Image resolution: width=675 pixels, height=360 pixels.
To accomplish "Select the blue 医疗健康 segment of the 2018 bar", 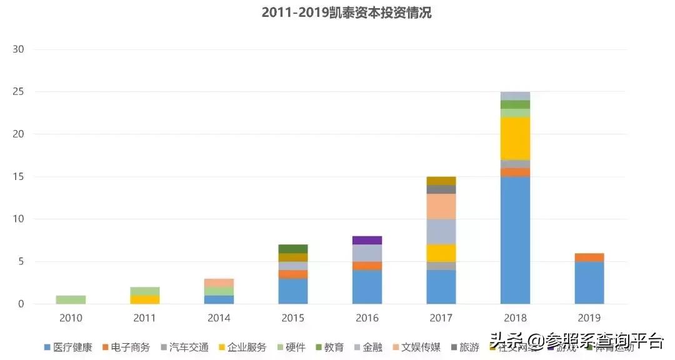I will (515, 241).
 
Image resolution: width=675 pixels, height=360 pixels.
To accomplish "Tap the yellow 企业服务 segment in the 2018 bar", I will (515, 139).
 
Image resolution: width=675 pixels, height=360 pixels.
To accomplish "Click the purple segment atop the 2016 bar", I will (367, 240).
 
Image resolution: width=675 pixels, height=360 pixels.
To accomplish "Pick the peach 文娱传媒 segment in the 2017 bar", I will (441, 206).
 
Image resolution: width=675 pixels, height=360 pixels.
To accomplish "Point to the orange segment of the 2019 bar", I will (589, 257).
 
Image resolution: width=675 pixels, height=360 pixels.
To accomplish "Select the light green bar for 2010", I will (71, 300).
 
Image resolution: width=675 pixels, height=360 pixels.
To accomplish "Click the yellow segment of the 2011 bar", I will (144, 300).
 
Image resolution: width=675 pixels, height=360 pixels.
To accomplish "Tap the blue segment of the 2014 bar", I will (219, 300).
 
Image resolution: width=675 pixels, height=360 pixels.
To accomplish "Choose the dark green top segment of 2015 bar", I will (293, 249).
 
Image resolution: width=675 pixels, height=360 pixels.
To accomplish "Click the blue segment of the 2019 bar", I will (589, 283).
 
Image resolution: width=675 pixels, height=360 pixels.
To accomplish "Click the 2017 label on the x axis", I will (441, 318).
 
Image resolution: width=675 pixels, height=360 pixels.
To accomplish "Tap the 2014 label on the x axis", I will (219, 318).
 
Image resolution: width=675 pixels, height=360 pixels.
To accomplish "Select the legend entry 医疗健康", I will (68, 347).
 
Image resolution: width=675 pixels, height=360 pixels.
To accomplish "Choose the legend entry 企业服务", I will (242, 347).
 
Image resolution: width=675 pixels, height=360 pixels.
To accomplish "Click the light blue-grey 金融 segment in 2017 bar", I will (441, 231).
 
